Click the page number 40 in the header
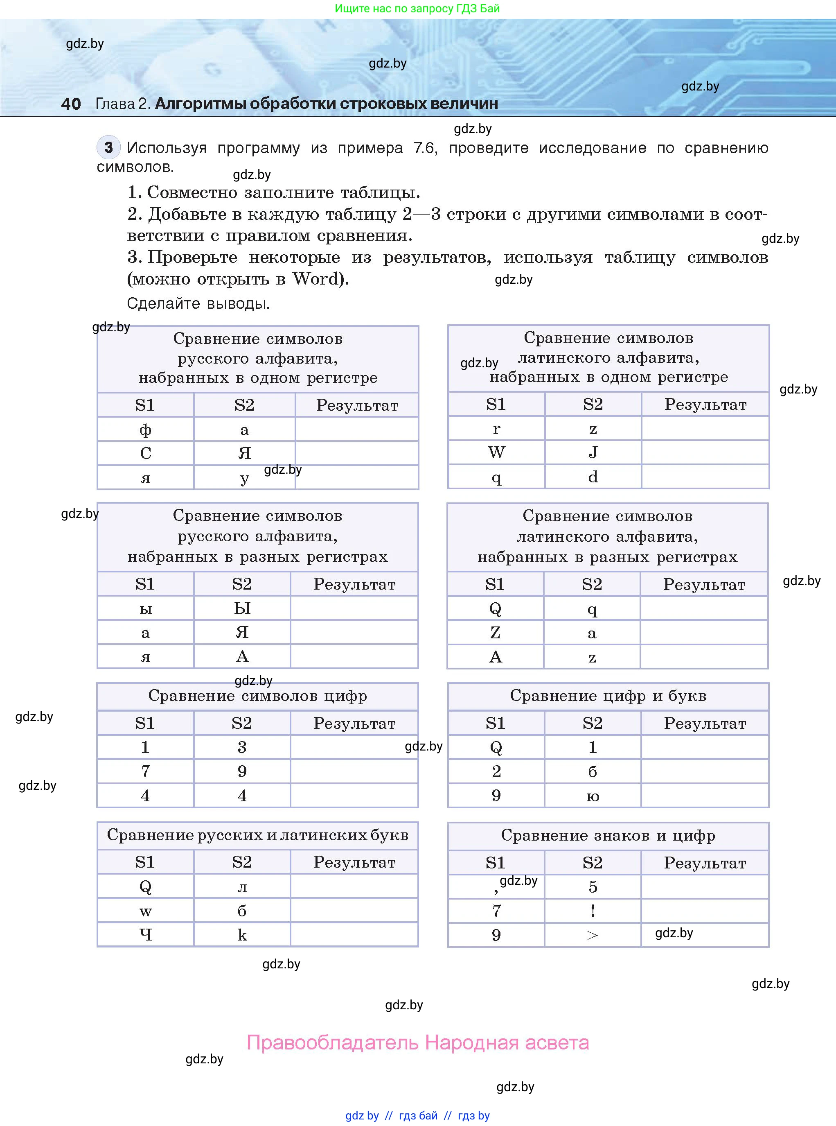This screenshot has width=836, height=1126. pyautogui.click(x=71, y=104)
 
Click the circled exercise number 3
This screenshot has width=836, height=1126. pyautogui.click(x=108, y=147)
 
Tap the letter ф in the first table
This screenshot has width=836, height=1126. pyautogui.click(x=145, y=430)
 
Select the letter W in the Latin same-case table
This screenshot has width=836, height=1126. pyautogui.click(x=496, y=452)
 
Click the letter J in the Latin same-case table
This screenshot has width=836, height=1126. pyautogui.click(x=593, y=452)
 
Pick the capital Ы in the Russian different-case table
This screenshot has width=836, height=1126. pyautogui.click(x=242, y=608)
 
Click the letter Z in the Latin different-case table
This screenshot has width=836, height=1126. pyautogui.click(x=495, y=632)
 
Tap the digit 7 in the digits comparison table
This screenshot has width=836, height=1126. pyautogui.click(x=145, y=771)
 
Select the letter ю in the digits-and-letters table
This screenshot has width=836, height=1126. pyautogui.click(x=593, y=796)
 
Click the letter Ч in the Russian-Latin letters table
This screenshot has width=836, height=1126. pyautogui.click(x=145, y=935)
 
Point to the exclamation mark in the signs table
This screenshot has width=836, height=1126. pyautogui.click(x=593, y=911)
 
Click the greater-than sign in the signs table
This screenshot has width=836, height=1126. pyautogui.click(x=593, y=935)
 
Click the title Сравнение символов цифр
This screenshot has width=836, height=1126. pyautogui.click(x=257, y=696)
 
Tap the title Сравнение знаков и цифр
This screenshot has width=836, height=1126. pyautogui.click(x=608, y=835)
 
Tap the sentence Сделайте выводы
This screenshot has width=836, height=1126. pyautogui.click(x=198, y=303)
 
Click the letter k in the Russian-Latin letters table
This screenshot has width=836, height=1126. pyautogui.click(x=242, y=935)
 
